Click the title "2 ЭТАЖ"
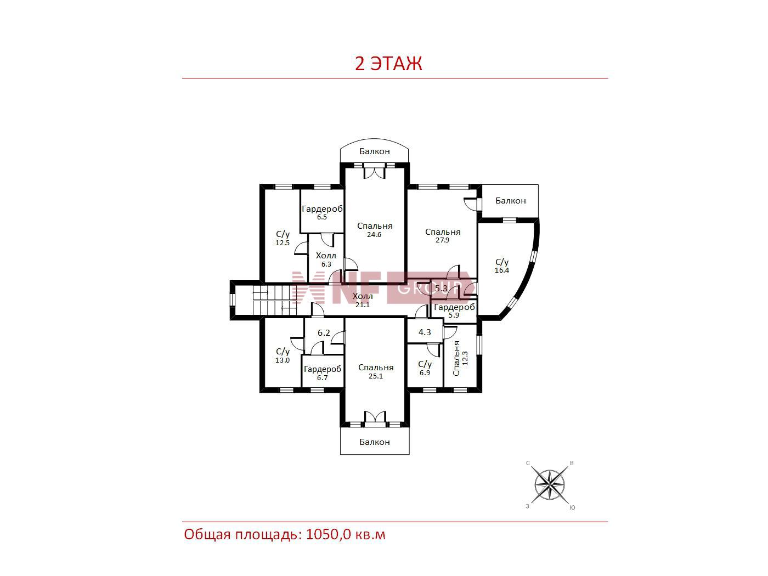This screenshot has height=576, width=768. coord(388,64)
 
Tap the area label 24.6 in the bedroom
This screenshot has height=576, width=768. coord(374,235)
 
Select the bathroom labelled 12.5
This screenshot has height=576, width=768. coord(282,236)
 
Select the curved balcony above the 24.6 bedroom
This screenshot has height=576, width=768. coord(374,151)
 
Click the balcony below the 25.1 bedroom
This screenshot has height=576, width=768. coord(375,442)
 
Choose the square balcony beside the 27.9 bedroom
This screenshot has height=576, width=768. coord(511,201)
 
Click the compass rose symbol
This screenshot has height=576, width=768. coord(549,485)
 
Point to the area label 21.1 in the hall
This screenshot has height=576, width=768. coord(363,305)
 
